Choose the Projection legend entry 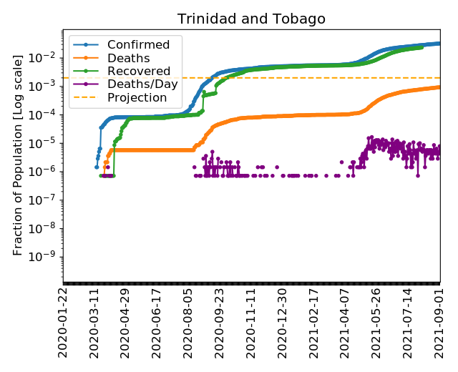click(136, 97)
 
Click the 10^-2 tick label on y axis click(47, 57)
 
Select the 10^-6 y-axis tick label click(47, 172)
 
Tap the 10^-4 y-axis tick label click(47, 114)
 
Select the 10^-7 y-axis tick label click(47, 200)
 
